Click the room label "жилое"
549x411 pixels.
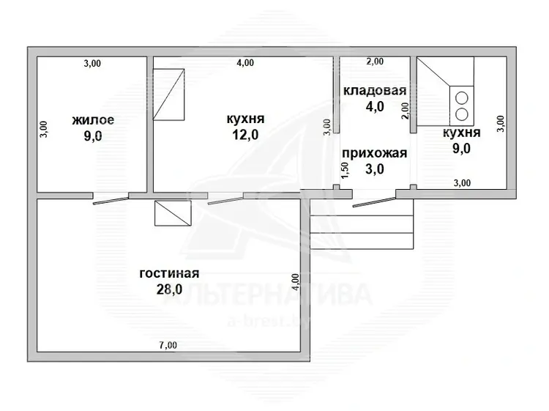93,120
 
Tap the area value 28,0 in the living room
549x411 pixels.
169,289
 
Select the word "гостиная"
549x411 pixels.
169,273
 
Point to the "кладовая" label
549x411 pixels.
375,90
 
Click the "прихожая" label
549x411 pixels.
374,153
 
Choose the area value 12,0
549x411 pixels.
245,134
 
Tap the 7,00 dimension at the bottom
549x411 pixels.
168,345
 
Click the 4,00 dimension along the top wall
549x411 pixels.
245,63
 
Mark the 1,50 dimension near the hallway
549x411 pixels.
345,170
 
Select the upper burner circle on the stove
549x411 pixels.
462,97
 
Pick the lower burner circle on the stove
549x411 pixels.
462,114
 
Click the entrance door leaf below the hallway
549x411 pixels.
374,202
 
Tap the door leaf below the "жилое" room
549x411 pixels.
111,201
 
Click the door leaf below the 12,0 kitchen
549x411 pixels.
226,201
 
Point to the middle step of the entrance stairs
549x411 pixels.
362,224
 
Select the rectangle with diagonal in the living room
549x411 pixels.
173,213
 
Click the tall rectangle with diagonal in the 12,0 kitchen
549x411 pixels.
169,95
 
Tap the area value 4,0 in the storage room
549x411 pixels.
375,106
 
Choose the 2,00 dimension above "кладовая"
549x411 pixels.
375,62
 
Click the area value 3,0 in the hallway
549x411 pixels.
375,169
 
